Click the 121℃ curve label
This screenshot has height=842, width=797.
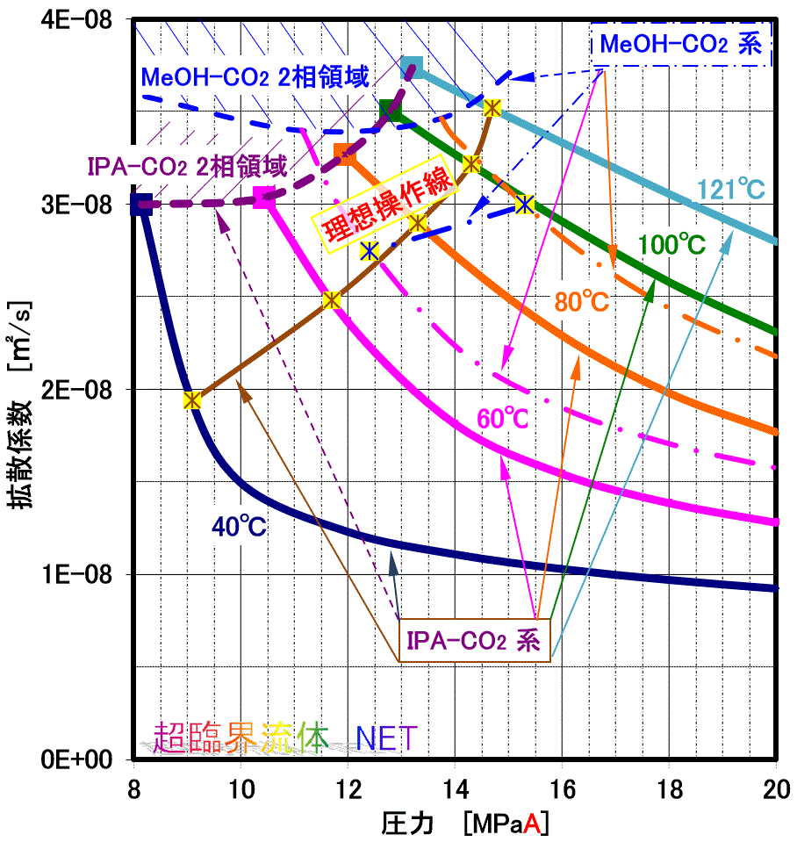731,188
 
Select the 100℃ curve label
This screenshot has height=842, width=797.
673,245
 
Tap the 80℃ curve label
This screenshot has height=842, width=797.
580,301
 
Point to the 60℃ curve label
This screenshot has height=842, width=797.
502,419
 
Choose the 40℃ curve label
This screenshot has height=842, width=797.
238,526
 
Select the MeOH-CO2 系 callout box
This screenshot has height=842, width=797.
680,43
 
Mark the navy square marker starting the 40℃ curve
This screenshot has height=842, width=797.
141,204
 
